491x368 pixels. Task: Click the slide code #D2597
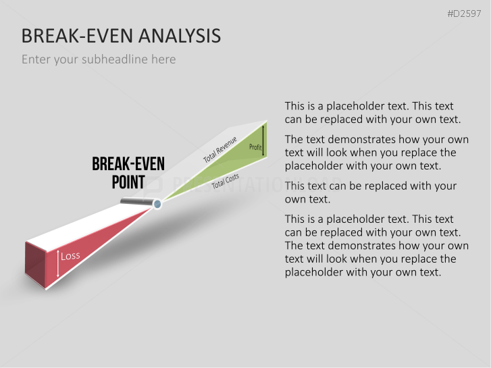tap(464, 14)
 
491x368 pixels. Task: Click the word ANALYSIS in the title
tap(180, 36)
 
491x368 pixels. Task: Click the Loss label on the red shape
tap(70, 256)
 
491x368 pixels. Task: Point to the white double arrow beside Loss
tap(58, 264)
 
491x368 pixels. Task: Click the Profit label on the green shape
tap(255, 147)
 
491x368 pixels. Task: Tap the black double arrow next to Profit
tap(263, 140)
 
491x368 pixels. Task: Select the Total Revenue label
tap(219, 150)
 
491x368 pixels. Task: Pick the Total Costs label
tap(225, 181)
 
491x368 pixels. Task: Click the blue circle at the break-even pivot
tap(157, 204)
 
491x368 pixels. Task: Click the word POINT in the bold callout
tap(128, 182)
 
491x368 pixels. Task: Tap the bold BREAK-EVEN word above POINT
tap(128, 164)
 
